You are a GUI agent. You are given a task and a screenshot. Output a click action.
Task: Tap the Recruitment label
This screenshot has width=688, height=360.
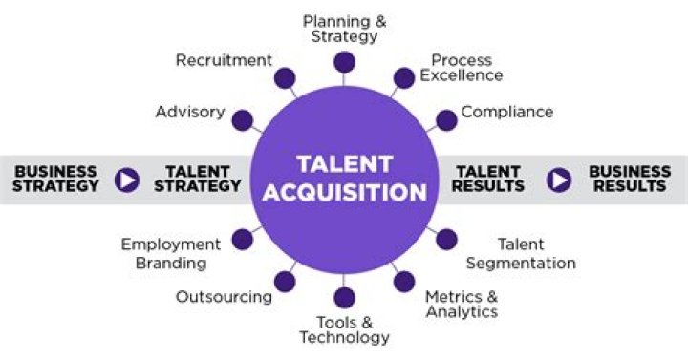[224, 60]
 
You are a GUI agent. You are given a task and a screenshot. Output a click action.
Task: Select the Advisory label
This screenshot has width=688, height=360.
[190, 112]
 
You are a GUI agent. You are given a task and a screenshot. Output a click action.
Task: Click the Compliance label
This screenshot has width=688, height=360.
[506, 112]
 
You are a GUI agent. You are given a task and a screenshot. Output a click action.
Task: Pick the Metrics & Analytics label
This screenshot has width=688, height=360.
[462, 304]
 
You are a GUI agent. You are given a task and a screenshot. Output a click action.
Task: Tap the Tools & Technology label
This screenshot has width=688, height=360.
[344, 329]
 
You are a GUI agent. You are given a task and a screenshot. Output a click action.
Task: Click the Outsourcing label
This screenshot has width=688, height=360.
[224, 297]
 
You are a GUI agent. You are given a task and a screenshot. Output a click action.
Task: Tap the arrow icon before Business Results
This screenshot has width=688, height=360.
[559, 179]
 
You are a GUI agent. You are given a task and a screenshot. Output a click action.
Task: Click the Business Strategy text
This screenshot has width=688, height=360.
[56, 179]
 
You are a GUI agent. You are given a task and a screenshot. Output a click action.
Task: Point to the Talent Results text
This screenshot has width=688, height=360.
[487, 179]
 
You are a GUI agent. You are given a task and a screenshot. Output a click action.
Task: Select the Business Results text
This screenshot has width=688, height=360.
[630, 179]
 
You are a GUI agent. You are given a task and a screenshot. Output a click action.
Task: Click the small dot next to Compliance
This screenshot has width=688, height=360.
[445, 120]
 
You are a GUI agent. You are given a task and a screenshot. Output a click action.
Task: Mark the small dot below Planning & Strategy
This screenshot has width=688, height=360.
[344, 63]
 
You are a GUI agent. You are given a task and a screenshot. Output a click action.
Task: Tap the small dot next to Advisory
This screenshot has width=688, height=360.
[243, 120]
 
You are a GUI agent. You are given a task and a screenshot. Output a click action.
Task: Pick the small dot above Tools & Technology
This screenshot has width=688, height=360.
[344, 297]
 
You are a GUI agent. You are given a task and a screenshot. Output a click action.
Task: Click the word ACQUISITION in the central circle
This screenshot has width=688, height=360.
[344, 193]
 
